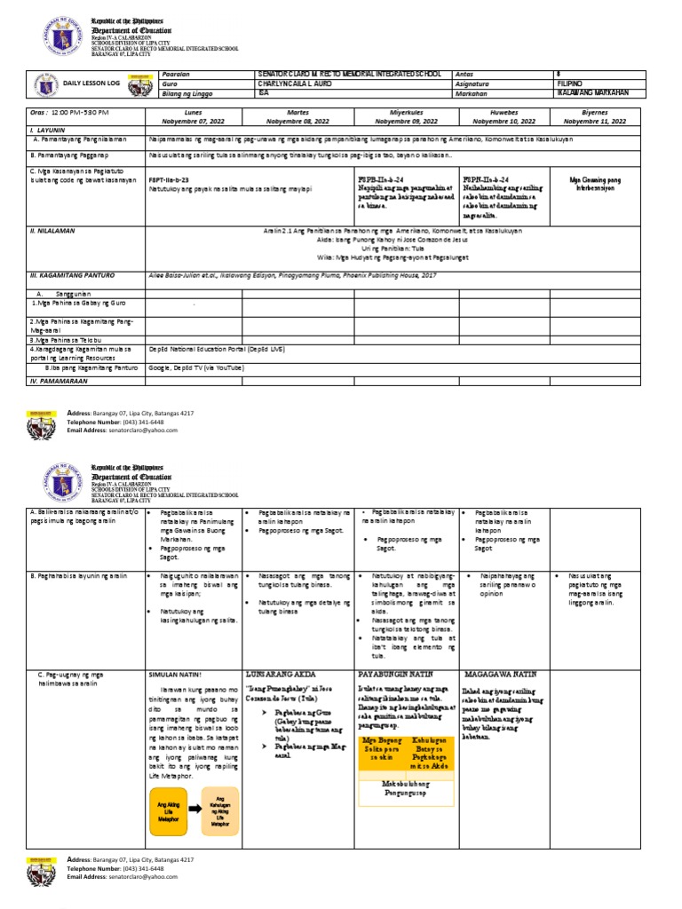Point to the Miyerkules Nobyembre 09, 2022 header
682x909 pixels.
404,118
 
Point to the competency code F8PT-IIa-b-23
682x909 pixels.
174,178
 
